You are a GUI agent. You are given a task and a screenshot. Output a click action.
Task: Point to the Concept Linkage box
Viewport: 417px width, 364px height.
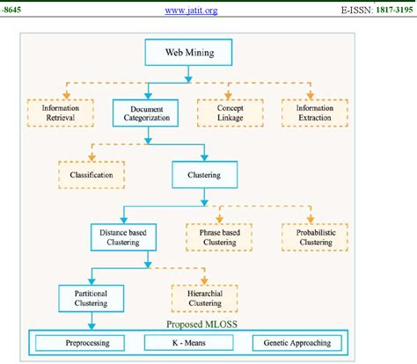pyautogui.click(x=230, y=111)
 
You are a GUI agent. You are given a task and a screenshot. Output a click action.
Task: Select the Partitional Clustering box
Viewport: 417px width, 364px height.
pyautogui.click(x=91, y=298)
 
